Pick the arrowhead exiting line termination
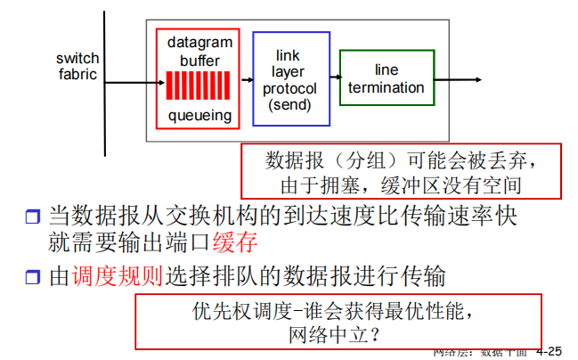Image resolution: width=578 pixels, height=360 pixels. coord(478,79)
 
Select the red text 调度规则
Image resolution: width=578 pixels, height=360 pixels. coord(130,276)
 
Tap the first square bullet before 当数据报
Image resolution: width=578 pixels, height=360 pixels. coord(33,217)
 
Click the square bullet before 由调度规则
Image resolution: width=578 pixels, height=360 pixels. coord(33,277)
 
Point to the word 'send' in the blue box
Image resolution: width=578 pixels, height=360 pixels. coord(291,105)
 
